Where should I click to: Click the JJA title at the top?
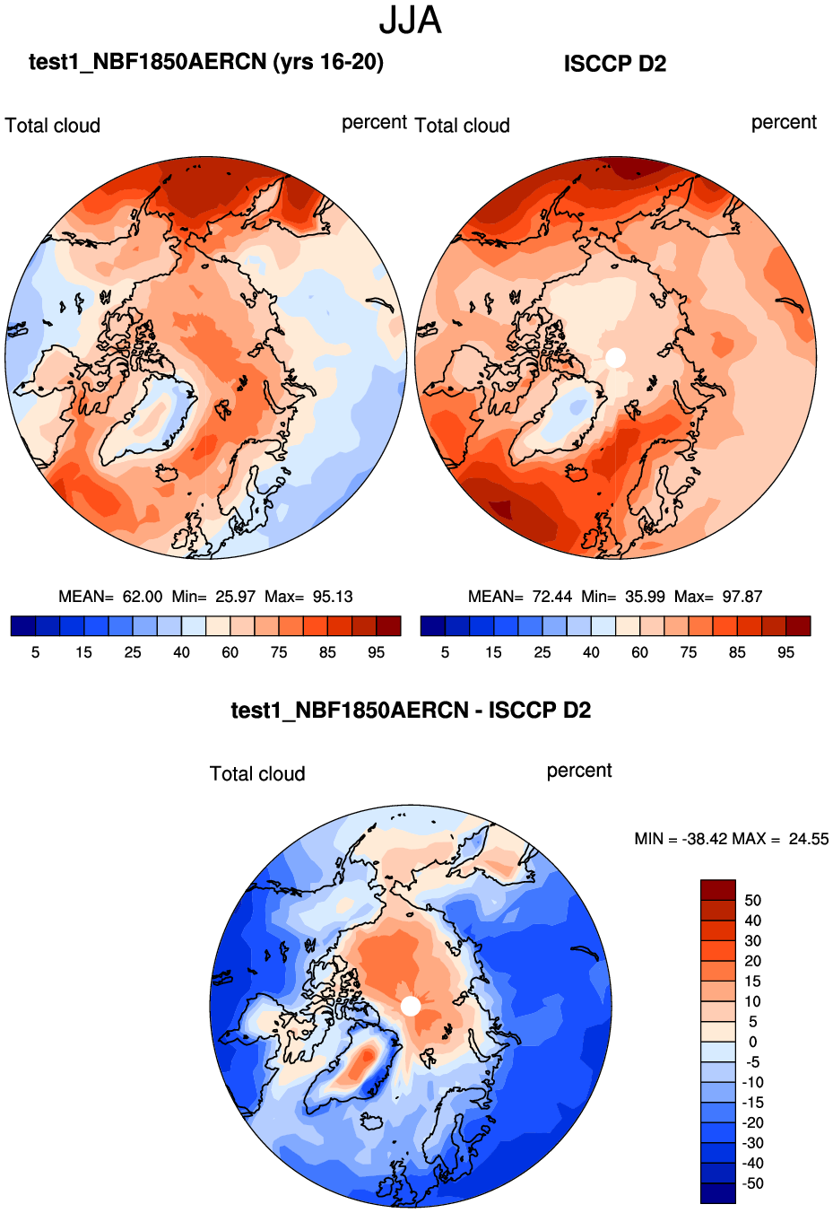click(x=410, y=20)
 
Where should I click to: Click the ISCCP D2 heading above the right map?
click(x=615, y=64)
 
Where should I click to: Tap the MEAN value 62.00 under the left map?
click(x=143, y=597)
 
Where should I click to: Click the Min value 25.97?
click(x=236, y=597)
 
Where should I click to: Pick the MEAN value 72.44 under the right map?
click(x=551, y=597)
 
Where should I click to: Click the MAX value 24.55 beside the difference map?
click(x=809, y=839)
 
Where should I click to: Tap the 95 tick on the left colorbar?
click(x=377, y=652)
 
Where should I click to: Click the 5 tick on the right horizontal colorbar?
click(x=445, y=652)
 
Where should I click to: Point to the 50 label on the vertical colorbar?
click(x=752, y=900)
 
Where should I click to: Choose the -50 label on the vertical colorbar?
click(x=752, y=1183)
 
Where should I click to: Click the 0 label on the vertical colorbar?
click(x=752, y=1042)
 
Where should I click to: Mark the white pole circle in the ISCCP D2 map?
click(x=615, y=357)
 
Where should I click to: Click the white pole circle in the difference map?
click(x=411, y=1006)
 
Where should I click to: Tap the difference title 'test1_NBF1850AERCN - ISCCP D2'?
click(x=411, y=711)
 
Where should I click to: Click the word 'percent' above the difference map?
click(x=579, y=771)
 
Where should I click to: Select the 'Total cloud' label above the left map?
click(x=53, y=126)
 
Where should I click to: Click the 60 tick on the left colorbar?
click(x=230, y=652)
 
